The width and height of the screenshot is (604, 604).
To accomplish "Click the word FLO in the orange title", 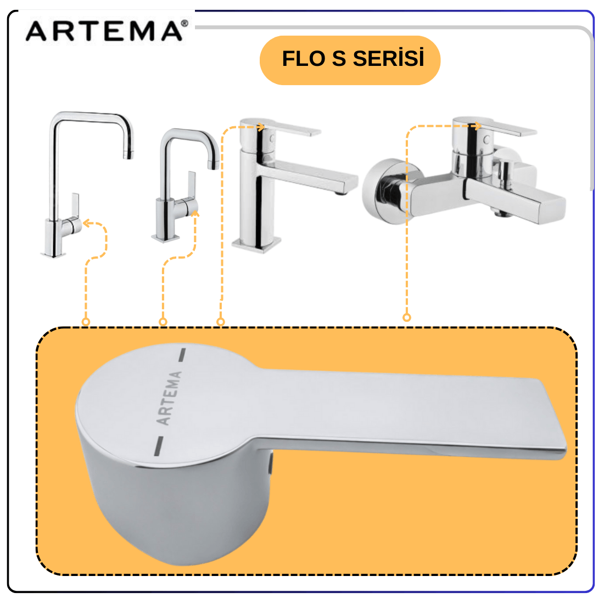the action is pos(304,59).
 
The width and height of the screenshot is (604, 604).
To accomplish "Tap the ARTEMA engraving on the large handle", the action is pos(169,398).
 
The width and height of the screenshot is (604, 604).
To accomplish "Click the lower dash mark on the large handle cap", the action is pos(159,446).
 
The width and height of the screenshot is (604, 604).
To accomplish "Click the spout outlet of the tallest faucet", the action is pos(128,155).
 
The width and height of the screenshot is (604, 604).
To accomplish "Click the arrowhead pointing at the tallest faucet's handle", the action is pos(87,223).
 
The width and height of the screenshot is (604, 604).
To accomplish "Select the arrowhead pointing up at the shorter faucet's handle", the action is pos(195,214).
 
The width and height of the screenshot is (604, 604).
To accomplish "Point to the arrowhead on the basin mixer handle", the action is pos(261,127).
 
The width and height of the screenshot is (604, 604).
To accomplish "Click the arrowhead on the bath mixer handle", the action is pos(478,126).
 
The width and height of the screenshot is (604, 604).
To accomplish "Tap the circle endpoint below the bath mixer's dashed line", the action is pos(407,317).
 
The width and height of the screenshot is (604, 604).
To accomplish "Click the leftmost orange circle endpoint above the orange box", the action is pos(86,322).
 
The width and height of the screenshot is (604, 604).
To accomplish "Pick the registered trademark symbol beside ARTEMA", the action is pos(184,24).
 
